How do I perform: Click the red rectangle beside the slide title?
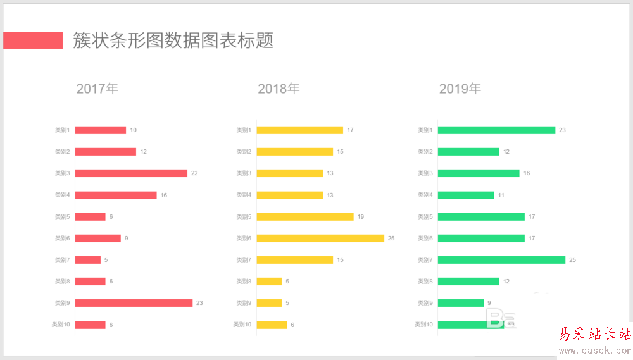pos(33,40)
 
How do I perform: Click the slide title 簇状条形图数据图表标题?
pos(173,40)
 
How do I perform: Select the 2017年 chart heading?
pos(97,89)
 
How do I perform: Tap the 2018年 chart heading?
pos(279,89)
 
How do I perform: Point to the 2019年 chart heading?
pos(460,89)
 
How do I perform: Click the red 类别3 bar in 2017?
pos(131,173)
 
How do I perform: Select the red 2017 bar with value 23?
pos(134,303)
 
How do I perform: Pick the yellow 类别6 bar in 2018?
pos(320,239)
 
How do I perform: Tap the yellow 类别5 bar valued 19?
pos(305,217)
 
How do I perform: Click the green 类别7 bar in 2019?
pos(501,260)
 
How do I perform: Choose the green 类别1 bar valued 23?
pos(496,130)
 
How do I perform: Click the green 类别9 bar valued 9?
pos(461,303)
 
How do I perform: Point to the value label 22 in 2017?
pos(194,173)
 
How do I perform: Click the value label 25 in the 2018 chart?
pos(391,239)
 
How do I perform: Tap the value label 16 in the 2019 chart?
pos(527,173)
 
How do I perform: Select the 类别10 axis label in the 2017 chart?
pos(61,325)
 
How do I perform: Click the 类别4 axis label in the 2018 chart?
pos(244,195)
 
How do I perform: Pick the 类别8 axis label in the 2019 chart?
pos(425,282)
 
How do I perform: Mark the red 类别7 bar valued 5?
pos(88,260)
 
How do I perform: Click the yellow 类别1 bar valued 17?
pos(299,130)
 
